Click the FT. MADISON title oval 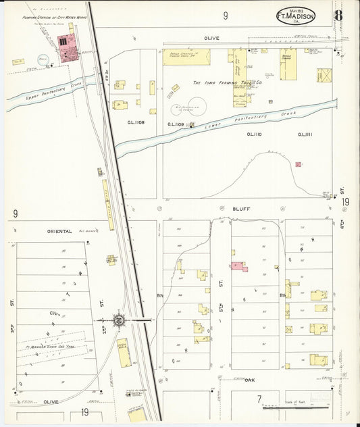[x=295, y=16]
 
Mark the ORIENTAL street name [x=59, y=231]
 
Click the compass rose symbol [x=118, y=320]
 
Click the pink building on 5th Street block [x=238, y=267]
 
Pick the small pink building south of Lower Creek [x=298, y=164]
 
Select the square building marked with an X [x=324, y=75]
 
